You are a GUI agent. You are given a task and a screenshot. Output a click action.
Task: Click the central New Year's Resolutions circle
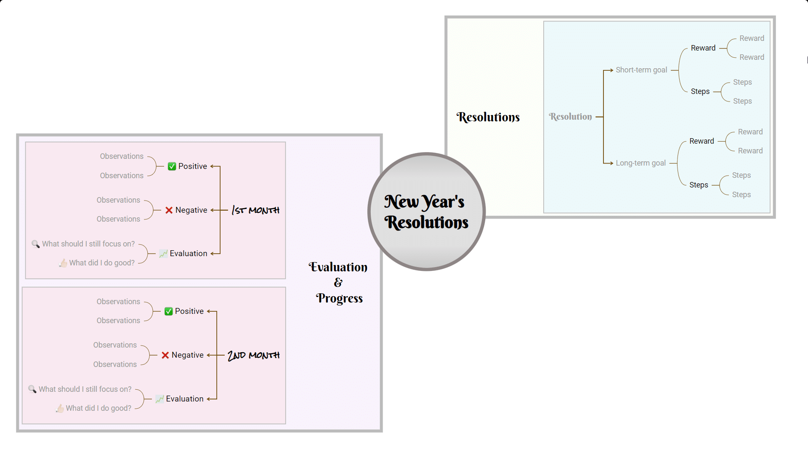426,211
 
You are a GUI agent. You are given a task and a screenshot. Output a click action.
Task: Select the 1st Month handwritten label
255,210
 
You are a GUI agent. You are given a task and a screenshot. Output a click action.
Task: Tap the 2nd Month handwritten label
253,355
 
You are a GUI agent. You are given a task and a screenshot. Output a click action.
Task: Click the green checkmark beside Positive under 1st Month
172,166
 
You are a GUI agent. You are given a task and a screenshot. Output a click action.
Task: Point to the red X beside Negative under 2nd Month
165,355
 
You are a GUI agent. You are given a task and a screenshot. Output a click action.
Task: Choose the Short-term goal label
641,70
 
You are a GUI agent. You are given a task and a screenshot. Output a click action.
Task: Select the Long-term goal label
641,163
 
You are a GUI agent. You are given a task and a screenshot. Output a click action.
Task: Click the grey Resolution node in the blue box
570,117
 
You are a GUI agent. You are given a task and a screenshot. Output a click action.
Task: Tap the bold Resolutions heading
488,117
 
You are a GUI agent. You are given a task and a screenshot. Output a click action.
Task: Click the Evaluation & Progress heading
338,282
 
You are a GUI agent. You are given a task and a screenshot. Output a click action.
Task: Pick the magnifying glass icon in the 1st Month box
36,244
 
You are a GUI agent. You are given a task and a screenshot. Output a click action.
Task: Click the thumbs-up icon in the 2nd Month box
60,408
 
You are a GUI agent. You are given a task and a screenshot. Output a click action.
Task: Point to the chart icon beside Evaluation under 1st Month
163,254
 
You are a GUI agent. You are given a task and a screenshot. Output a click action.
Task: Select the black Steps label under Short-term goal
700,91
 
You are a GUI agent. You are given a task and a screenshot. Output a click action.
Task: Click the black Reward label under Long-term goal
702,141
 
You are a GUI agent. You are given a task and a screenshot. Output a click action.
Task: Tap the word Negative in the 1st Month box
191,210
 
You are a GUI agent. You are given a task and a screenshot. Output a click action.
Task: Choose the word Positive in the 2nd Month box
189,311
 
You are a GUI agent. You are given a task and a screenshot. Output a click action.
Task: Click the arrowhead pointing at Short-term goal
611,70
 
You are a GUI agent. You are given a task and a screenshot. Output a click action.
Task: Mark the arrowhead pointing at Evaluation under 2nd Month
209,399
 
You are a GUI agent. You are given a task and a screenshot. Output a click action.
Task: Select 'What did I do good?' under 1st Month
102,263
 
